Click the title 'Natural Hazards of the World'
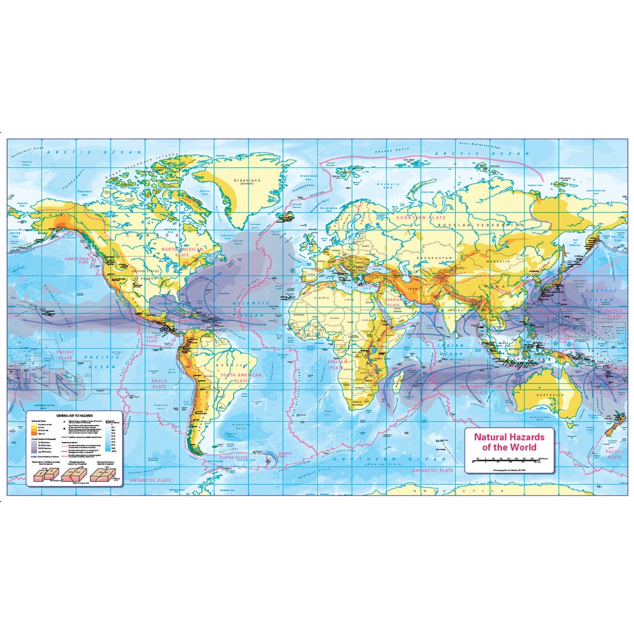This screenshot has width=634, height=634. [x=509, y=442]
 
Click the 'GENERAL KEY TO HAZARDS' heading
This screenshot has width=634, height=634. [x=74, y=416]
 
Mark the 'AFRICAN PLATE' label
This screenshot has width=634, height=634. [x=336, y=365]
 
